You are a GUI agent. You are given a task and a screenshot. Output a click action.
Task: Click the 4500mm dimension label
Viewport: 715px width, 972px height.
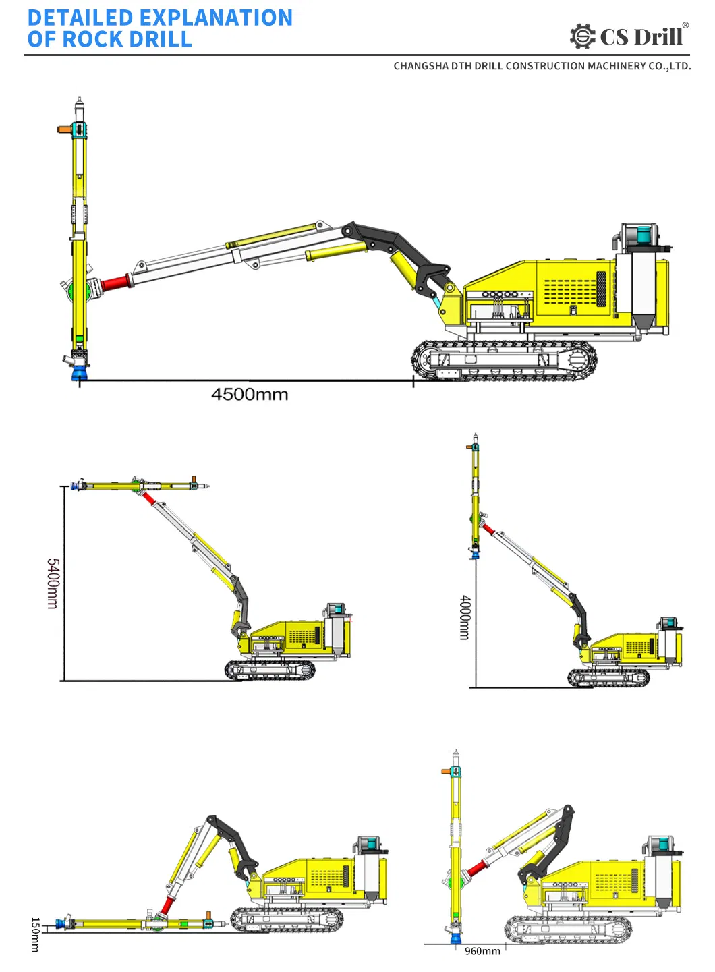[x=250, y=395]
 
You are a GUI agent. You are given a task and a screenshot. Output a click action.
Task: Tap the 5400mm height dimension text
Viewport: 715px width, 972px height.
[x=52, y=583]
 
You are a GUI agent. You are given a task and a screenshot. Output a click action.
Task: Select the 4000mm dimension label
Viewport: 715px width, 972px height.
[x=465, y=617]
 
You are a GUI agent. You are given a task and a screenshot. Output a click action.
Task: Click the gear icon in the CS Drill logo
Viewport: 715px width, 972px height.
[x=582, y=36]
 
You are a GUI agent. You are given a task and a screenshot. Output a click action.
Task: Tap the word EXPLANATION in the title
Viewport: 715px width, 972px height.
[x=216, y=18]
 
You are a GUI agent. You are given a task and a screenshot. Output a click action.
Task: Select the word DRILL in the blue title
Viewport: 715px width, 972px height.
[x=161, y=39]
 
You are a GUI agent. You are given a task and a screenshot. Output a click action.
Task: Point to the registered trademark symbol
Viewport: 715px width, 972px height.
[x=685, y=25]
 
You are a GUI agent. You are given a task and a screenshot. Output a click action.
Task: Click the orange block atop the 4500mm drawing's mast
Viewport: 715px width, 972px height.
[x=64, y=129]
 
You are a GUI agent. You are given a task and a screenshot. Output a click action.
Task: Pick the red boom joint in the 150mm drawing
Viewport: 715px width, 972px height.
[x=168, y=906]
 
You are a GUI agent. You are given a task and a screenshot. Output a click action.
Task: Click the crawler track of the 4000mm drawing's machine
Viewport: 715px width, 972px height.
[x=608, y=678]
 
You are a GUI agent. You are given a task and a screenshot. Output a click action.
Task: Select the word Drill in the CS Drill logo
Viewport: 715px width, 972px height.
[x=658, y=37]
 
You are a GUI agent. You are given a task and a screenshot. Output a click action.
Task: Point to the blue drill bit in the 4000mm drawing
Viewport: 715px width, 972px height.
[x=476, y=555]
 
